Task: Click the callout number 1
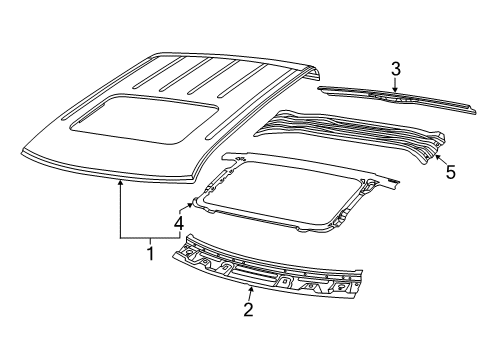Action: click(151, 253)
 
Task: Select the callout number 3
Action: click(396, 68)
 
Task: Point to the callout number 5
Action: click(450, 171)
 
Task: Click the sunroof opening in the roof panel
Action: click(140, 114)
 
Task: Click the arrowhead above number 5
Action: click(437, 151)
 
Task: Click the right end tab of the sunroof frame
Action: click(394, 181)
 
